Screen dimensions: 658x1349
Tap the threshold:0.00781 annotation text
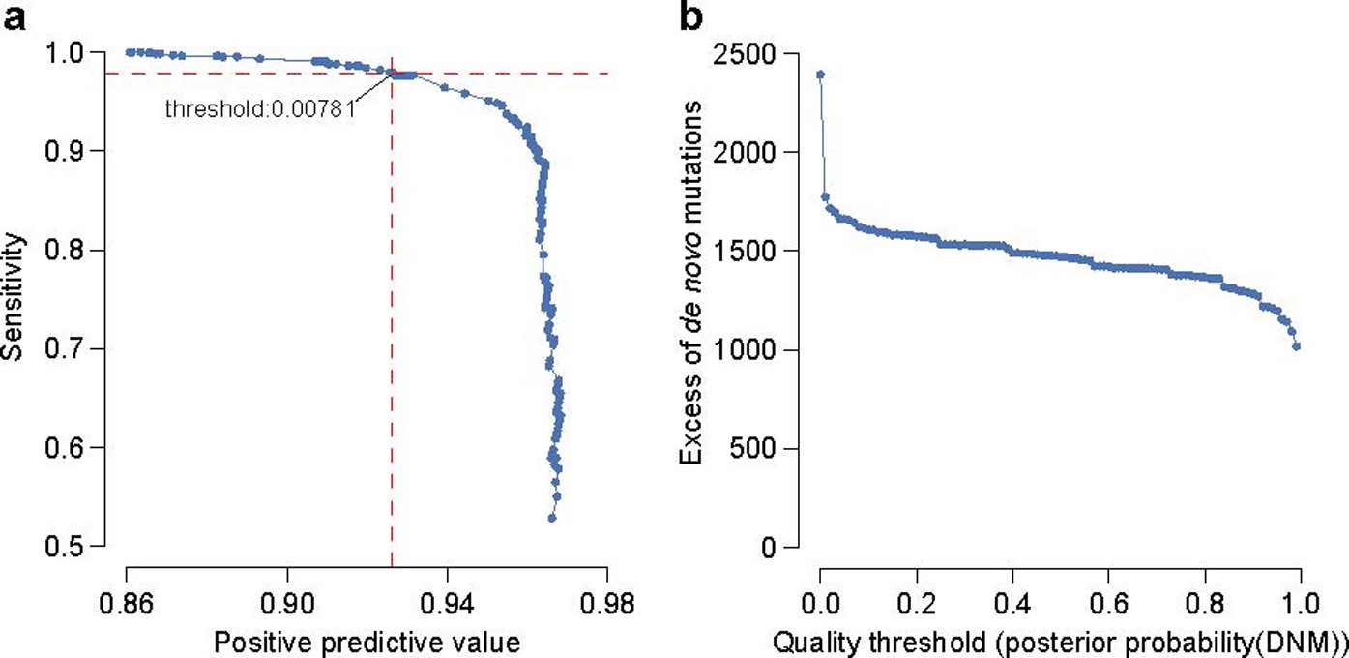click(x=260, y=109)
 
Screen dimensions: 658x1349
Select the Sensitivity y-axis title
click(x=14, y=300)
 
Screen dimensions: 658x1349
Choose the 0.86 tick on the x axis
click(x=127, y=605)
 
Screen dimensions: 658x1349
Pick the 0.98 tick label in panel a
click(x=607, y=605)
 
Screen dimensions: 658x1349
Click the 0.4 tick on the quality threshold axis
click(x=1012, y=605)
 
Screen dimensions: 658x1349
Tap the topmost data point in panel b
click(x=820, y=75)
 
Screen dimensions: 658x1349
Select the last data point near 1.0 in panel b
click(x=1297, y=345)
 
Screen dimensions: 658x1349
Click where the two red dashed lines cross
click(x=392, y=74)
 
